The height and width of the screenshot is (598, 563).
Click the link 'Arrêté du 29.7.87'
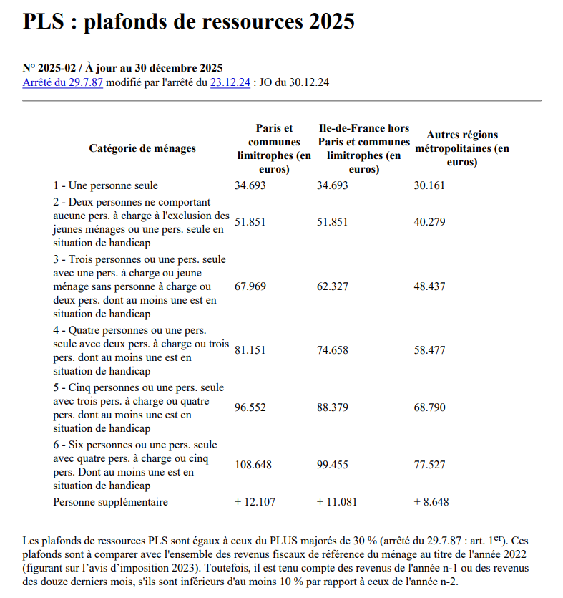[63, 82]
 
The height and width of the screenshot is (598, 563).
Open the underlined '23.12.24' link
[230, 82]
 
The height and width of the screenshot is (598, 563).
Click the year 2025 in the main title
[332, 22]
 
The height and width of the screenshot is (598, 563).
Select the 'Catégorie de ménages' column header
[142, 148]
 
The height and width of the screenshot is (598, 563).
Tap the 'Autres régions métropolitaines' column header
[462, 148]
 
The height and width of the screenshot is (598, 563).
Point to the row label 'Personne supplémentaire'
[111, 502]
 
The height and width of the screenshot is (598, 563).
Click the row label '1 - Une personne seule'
[106, 185]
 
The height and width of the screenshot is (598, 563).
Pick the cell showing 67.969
[250, 286]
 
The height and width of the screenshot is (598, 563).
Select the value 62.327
[333, 286]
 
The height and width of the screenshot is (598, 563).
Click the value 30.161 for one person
[429, 185]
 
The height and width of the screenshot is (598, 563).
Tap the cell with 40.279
[429, 222]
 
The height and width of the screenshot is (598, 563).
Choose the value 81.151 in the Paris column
[250, 350]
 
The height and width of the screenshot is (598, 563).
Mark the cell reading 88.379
[333, 407]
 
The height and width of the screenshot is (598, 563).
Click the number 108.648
[253, 466]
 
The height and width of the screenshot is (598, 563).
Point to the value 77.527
[429, 466]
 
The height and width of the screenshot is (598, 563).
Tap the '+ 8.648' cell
[431, 502]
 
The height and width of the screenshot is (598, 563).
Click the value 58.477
[429, 350]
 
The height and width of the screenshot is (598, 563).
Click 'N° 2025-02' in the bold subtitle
[49, 68]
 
